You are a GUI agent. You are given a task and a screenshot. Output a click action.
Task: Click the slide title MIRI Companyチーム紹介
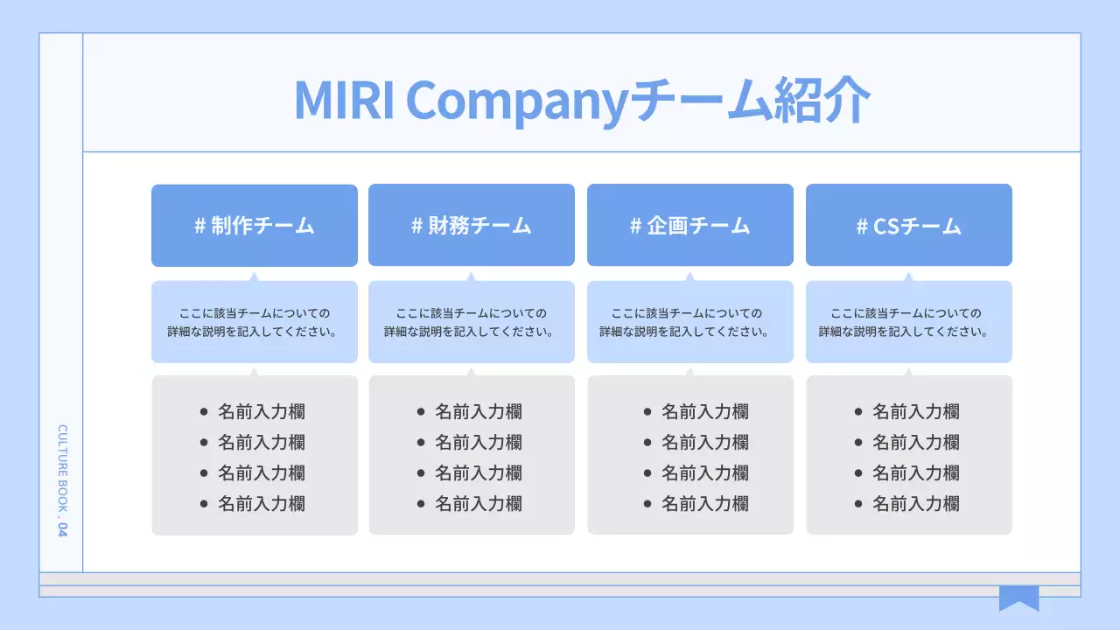[x=582, y=101]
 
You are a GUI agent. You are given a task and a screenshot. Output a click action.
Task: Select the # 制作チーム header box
[x=255, y=226]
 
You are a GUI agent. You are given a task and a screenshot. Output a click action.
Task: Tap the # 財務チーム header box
[x=472, y=226]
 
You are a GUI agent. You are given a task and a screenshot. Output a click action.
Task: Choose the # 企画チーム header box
[x=690, y=226]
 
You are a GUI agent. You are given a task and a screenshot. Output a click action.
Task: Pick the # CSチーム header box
[x=909, y=226]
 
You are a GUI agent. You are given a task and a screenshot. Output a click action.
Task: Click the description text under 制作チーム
[x=255, y=322]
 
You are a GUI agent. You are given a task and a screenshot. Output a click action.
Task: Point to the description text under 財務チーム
[x=472, y=322]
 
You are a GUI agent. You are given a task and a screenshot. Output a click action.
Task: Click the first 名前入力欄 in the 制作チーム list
[x=262, y=411]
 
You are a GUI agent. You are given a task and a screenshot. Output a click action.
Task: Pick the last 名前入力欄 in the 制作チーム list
[x=262, y=503]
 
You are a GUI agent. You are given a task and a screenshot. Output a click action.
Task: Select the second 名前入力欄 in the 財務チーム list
[x=479, y=442]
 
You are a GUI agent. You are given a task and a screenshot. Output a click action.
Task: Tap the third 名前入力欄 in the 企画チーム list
[x=705, y=472]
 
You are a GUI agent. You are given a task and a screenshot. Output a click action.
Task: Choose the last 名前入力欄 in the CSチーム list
[x=916, y=503]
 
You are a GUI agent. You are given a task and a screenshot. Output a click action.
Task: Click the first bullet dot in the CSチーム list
[x=858, y=411]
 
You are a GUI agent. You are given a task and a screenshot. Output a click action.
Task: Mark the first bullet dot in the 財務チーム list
[x=421, y=411]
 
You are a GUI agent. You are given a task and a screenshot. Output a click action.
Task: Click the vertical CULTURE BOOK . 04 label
[x=62, y=481]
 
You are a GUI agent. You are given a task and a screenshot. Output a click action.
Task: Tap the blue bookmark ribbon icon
[x=1019, y=598]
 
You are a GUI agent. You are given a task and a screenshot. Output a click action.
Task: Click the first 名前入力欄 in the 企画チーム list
[x=705, y=411]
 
